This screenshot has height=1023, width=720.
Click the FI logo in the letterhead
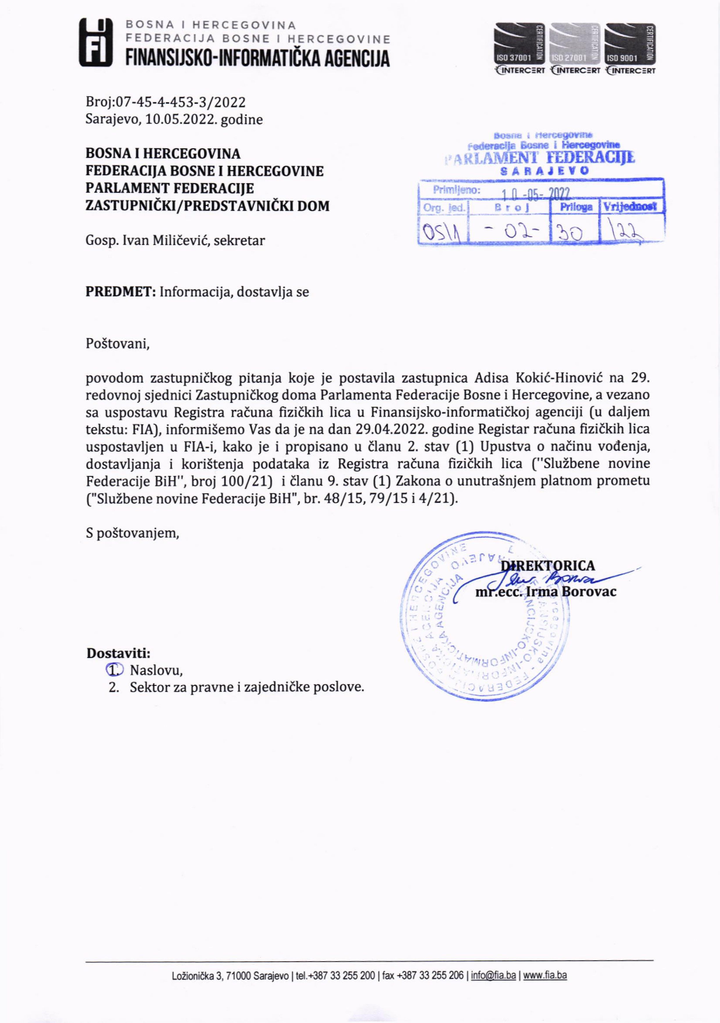pos(95,43)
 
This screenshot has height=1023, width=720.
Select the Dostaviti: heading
pos(118,653)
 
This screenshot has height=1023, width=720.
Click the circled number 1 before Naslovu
pos(114,670)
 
